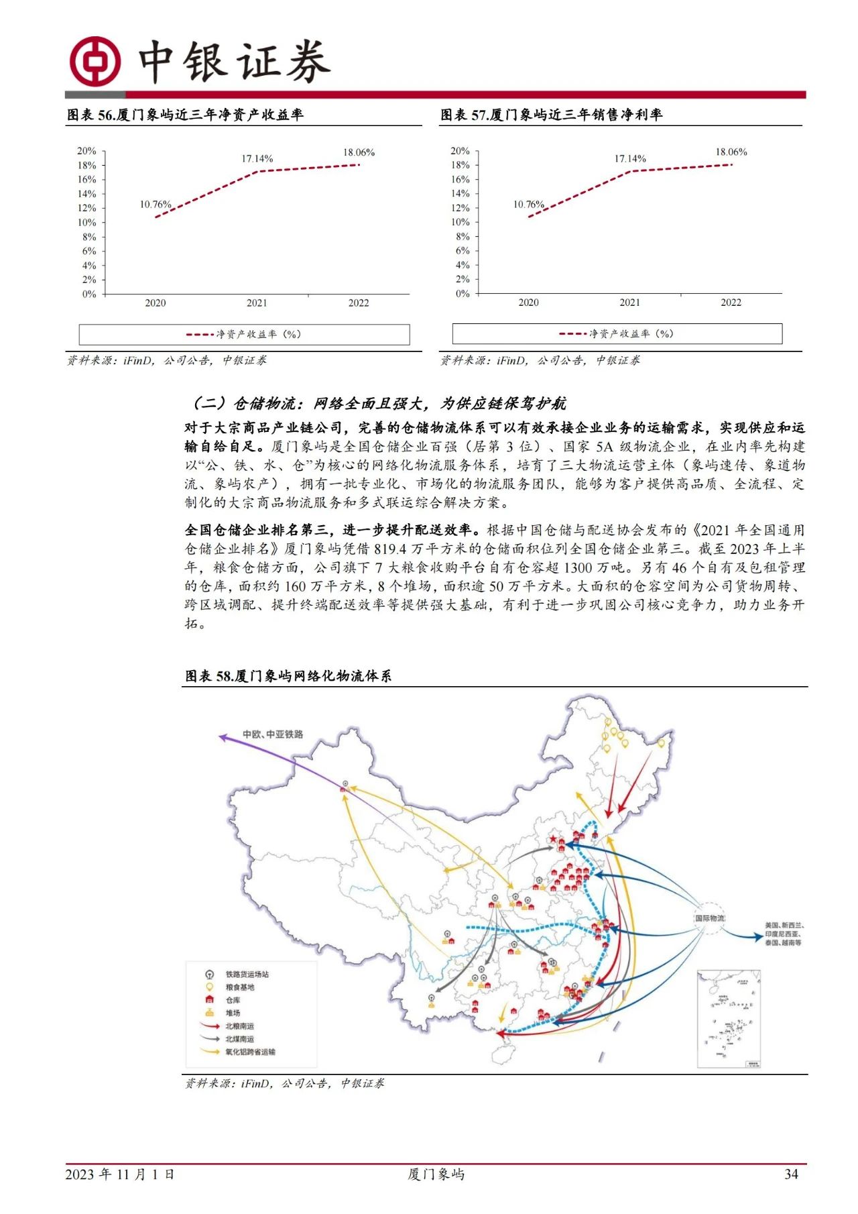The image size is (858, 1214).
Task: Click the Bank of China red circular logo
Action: [x=95, y=61]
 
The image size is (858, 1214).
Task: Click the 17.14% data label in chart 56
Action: [x=257, y=159]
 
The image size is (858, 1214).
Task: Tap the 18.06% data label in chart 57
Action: [x=731, y=152]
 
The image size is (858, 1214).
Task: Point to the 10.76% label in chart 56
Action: [x=156, y=204]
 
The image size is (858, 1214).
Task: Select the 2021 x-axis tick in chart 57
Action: [x=629, y=302]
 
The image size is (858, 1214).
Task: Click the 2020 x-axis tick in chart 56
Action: [x=155, y=303]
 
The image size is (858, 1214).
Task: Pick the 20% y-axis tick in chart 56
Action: [x=87, y=151]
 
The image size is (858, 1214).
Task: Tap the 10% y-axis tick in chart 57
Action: [x=461, y=222]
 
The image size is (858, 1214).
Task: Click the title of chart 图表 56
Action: [x=185, y=115]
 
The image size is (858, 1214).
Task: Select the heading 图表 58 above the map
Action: [x=288, y=676]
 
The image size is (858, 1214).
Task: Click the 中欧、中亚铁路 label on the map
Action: [x=273, y=734]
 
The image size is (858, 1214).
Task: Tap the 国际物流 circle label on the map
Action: [x=710, y=918]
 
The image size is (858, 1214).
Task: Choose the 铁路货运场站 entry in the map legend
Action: [x=246, y=974]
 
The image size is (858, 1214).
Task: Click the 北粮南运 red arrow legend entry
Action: [x=239, y=1026]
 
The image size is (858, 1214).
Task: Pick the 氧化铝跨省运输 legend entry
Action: [x=249, y=1052]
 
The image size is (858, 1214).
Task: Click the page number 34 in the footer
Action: [x=791, y=1174]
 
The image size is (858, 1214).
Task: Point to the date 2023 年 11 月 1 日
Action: [x=120, y=1174]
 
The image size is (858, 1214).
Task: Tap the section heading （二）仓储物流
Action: [x=379, y=403]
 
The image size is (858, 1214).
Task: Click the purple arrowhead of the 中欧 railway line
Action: [x=223, y=737]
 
